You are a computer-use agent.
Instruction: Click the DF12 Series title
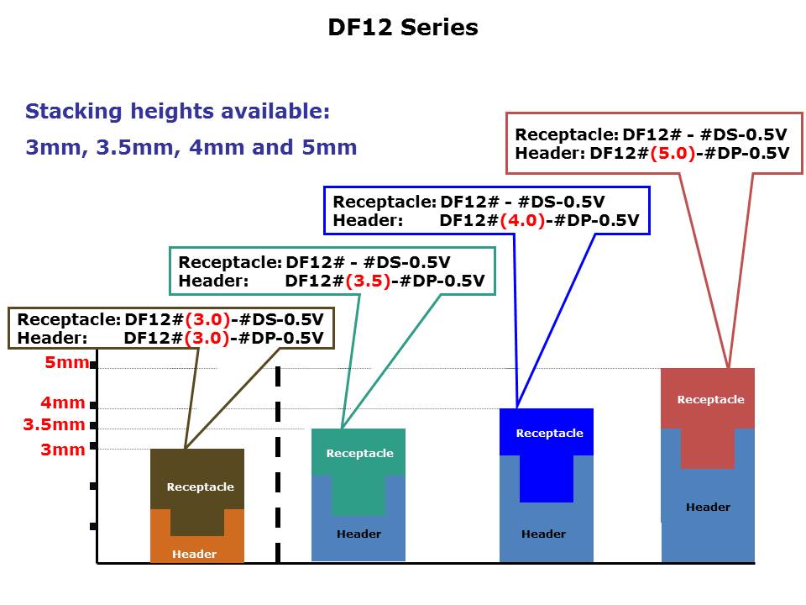pos(403,27)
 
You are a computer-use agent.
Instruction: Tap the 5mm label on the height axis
pos(67,362)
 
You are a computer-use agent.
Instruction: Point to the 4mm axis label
pos(63,402)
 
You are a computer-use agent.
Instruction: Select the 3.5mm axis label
pos(54,424)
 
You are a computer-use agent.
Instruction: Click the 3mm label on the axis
pos(63,450)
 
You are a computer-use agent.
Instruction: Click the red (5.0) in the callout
pos(673,153)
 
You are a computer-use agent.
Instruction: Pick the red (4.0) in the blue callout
pos(522,220)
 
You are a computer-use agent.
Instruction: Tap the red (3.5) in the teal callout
pos(368,281)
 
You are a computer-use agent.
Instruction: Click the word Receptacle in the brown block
pos(200,487)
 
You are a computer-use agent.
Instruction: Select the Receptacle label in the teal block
pos(360,453)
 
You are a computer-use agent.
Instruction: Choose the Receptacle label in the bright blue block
pos(549,434)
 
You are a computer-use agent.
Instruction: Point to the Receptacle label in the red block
pos(710,400)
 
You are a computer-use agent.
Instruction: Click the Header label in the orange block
pos(194,554)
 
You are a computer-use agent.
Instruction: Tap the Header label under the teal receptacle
pos(359,534)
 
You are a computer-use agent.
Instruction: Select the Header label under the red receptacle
pos(708,508)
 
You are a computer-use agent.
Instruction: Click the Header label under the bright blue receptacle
pos(543,534)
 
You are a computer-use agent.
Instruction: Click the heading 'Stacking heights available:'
pos(177,112)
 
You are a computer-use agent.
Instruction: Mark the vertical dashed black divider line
pos(278,465)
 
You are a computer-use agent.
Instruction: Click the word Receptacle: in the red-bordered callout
pos(567,134)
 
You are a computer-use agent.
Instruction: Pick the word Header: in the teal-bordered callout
pos(213,281)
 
